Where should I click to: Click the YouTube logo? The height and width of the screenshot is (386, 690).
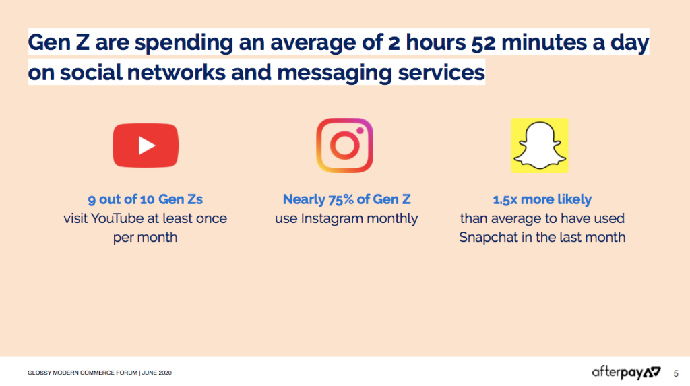tap(146, 146)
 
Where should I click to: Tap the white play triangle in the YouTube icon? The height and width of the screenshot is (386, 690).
tap(146, 146)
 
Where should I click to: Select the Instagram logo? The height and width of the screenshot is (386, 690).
tap(344, 146)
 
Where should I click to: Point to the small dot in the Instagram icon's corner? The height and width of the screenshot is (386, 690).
tap(360, 130)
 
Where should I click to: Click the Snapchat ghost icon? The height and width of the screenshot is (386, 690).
tap(540, 146)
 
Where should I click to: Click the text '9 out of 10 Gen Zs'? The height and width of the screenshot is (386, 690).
tap(146, 199)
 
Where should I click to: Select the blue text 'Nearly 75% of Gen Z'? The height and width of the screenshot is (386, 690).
tap(346, 199)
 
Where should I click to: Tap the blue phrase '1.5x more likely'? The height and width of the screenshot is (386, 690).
tap(542, 199)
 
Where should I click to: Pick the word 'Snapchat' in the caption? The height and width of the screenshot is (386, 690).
tap(489, 237)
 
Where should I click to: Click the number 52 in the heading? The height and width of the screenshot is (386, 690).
tap(483, 42)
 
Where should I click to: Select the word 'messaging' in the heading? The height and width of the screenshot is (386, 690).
tap(334, 73)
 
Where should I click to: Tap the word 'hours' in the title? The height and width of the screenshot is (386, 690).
tap(435, 42)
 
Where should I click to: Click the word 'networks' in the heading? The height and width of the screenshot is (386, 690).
tap(177, 73)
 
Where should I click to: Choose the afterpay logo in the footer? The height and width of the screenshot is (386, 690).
tap(626, 373)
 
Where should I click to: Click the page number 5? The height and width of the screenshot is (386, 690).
tap(676, 373)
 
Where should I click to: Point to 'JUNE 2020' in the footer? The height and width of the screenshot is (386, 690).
tap(156, 373)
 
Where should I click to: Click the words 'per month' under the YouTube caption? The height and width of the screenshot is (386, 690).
tap(146, 238)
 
